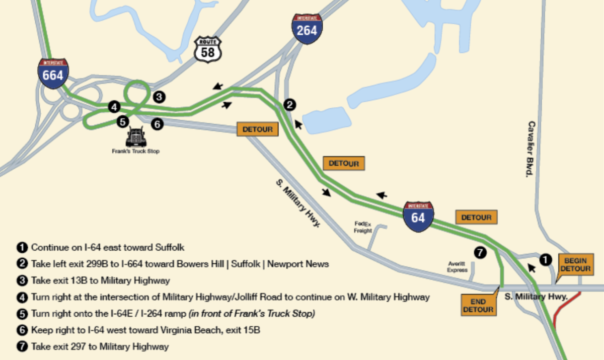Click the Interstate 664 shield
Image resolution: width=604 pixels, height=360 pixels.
[53, 73]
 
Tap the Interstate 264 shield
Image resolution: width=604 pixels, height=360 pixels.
[307, 29]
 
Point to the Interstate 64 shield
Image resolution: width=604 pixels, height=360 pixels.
[418, 217]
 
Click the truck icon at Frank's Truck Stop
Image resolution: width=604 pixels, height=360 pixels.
[136, 137]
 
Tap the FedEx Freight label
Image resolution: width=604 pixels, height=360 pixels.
[362, 227]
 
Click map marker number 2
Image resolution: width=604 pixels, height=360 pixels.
[289, 105]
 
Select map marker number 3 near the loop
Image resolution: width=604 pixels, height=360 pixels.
[159, 97]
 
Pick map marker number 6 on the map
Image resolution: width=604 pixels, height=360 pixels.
[157, 124]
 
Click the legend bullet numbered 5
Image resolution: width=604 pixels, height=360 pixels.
[21, 314]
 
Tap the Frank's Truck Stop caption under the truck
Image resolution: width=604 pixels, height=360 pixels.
[136, 151]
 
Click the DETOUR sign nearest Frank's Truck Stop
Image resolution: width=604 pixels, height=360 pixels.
[257, 129]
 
